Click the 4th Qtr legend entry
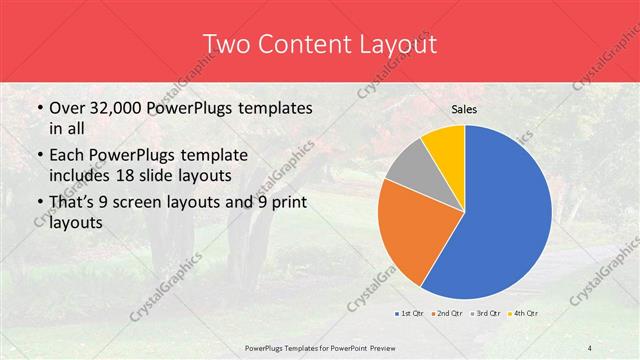point(525,313)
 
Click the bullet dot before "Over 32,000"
point(38,108)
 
